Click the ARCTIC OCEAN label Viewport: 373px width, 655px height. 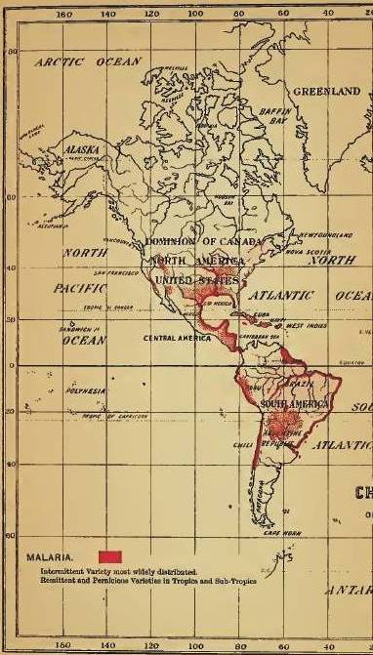coord(89,61)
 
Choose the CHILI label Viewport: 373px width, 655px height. coord(243,445)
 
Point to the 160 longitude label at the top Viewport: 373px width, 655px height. coord(65,15)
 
